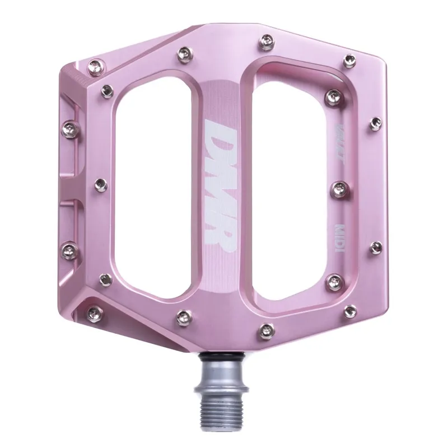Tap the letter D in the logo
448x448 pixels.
coord(221,137)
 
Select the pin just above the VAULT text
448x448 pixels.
coord(334,95)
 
